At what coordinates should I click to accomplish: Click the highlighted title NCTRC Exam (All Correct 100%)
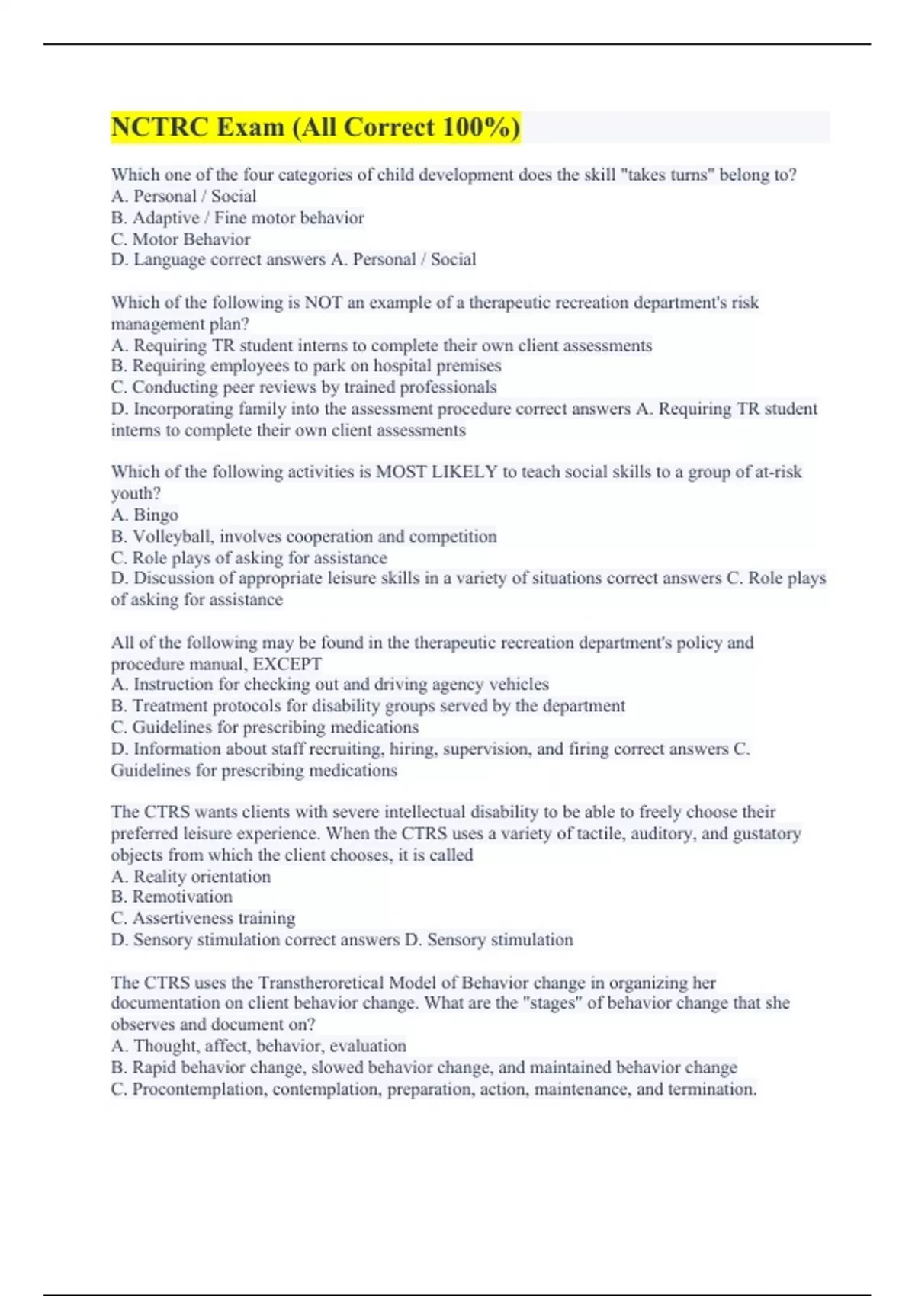316,127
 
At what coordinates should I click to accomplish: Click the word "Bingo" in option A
156,515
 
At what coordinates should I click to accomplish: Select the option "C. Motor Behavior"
181,239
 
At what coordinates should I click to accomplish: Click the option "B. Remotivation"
172,897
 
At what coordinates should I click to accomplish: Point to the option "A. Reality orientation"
191,877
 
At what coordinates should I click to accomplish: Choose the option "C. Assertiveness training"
203,919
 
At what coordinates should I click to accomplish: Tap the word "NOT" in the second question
323,303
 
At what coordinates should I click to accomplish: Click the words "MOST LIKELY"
436,472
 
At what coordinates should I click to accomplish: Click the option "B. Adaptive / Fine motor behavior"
237,218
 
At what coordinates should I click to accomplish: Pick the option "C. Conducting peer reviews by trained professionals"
303,387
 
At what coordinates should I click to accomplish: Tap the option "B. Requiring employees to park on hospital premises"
306,366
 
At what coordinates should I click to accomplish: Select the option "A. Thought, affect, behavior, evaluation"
258,1046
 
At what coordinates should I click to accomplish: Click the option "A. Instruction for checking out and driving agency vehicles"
329,685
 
